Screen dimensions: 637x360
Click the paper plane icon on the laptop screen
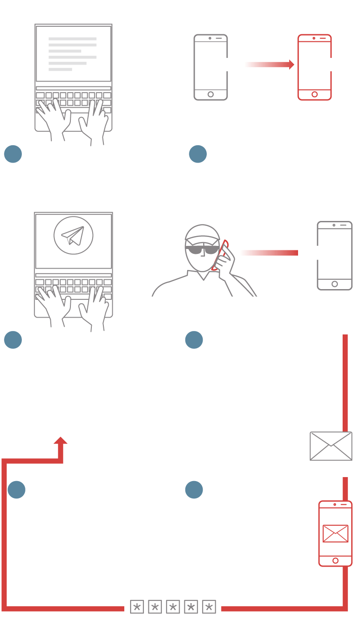73,235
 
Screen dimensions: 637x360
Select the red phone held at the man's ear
220,256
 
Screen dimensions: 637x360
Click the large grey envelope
331,446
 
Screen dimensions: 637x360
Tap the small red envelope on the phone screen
335,533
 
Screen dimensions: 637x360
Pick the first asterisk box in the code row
137,607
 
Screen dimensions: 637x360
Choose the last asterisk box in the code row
209,607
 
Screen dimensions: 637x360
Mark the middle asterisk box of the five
173,607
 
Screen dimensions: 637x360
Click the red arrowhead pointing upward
61,441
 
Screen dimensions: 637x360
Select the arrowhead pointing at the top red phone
291,65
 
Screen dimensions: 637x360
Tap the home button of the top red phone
315,94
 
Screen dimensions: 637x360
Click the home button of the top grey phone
211,94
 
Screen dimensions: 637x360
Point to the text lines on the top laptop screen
72,54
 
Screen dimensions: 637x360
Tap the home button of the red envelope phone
335,560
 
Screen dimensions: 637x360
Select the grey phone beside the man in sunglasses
335,255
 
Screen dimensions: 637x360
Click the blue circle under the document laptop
13,154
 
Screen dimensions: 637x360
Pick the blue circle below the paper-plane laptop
13,340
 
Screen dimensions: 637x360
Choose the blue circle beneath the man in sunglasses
194,340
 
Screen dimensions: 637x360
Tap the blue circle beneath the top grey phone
198,154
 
